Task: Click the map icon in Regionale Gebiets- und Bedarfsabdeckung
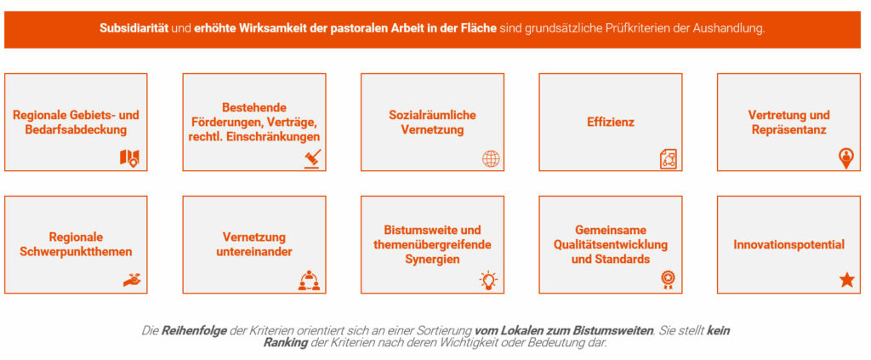click(129, 158)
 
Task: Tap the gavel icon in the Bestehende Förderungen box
click(312, 159)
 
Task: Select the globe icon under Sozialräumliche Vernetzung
click(491, 159)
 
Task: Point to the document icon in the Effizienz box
click(669, 159)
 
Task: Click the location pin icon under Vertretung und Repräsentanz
click(846, 158)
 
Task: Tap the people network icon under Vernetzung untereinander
click(310, 281)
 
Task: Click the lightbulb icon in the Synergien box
click(489, 280)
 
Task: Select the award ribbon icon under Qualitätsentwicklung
click(667, 280)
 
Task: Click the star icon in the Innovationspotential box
click(846, 280)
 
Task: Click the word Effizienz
click(611, 123)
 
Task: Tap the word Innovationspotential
click(788, 244)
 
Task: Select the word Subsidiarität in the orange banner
click(134, 28)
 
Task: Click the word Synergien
click(432, 259)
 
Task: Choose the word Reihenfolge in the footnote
click(194, 330)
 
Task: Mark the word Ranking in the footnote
click(286, 343)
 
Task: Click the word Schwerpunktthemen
click(76, 252)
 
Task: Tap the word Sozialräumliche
click(432, 115)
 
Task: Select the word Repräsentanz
click(788, 130)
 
